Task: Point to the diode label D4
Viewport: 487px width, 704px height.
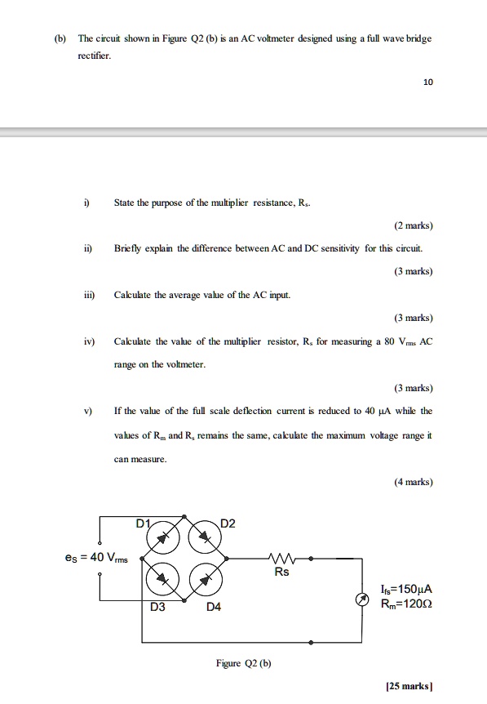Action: pos(213,608)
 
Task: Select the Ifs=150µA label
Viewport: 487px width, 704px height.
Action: pos(405,590)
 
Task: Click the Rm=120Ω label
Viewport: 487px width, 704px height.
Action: pos(406,604)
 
